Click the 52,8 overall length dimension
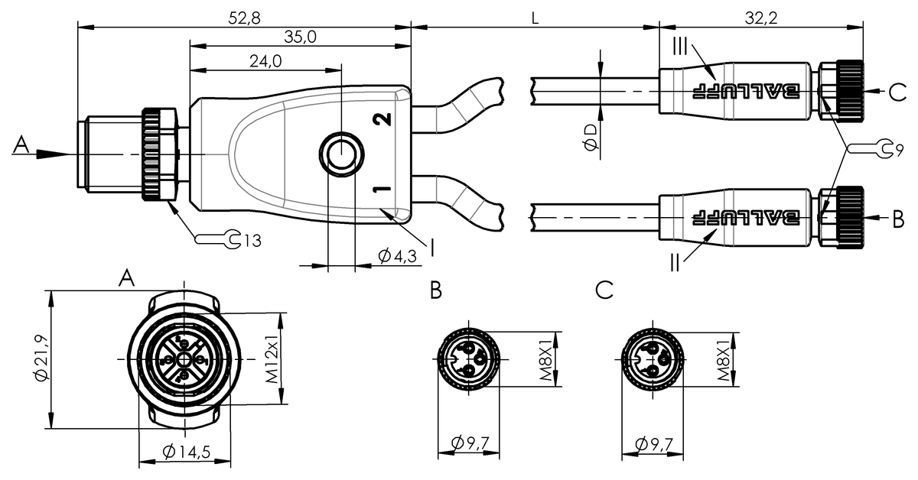pyautogui.click(x=244, y=18)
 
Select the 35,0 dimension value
pyautogui.click(x=301, y=37)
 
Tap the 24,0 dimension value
pyautogui.click(x=265, y=61)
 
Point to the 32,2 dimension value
pyautogui.click(x=761, y=18)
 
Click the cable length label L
pyautogui.click(x=535, y=18)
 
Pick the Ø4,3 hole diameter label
pyautogui.click(x=397, y=256)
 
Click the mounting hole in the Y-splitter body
pyautogui.click(x=341, y=154)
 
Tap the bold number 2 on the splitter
pyautogui.click(x=382, y=119)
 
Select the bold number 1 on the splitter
pyautogui.click(x=382, y=190)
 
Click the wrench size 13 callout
pyautogui.click(x=253, y=241)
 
